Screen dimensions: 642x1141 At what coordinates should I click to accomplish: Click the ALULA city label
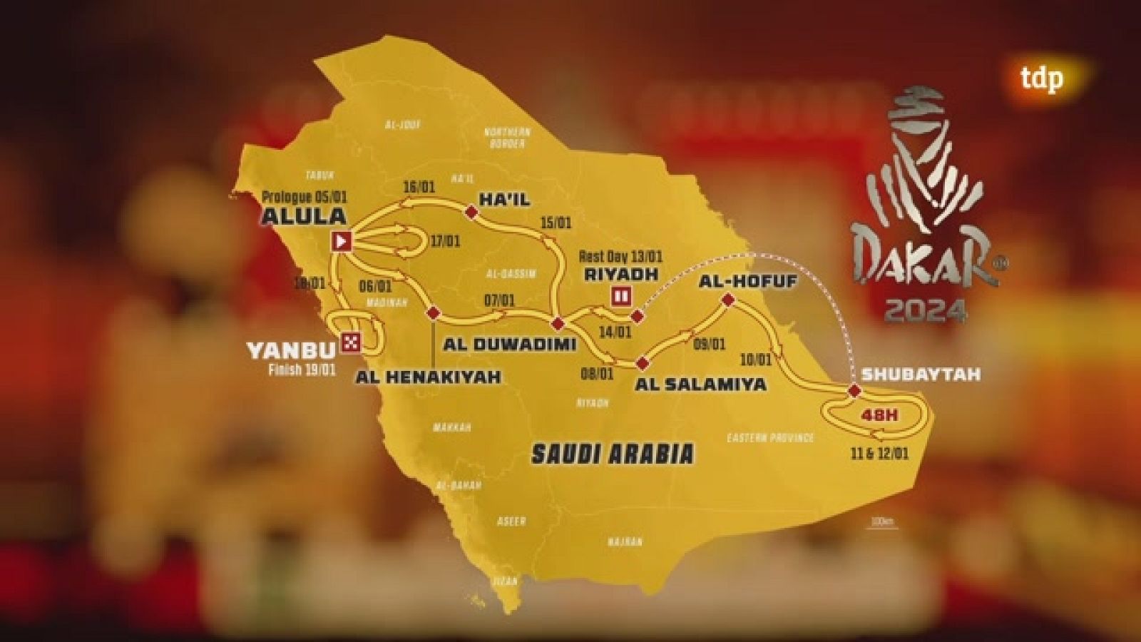[x=303, y=215]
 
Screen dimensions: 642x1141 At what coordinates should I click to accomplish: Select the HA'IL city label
[x=504, y=198]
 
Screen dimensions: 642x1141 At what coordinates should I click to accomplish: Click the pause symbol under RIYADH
[x=620, y=295]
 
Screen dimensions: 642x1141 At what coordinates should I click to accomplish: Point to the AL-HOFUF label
[x=747, y=281]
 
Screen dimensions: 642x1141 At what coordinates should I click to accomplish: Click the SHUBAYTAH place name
[x=921, y=374]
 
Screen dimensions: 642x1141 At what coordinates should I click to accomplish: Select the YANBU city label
[x=290, y=350]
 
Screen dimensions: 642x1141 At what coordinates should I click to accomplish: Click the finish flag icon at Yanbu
[x=350, y=342]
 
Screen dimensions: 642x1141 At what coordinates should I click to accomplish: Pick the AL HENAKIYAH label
[x=428, y=376]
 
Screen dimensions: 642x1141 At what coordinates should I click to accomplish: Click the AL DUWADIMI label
[x=509, y=344]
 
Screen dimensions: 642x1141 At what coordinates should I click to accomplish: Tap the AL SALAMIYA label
[x=700, y=384]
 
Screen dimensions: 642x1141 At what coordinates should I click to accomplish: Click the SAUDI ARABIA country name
[x=613, y=454]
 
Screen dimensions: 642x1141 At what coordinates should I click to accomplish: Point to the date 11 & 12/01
[x=880, y=454]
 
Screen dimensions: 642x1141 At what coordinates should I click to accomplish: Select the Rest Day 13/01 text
[x=620, y=257]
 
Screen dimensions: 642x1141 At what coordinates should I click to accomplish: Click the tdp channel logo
[x=1041, y=78]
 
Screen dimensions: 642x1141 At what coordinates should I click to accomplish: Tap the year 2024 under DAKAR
[x=926, y=310]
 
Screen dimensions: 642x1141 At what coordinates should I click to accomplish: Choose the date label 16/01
[x=419, y=187]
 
